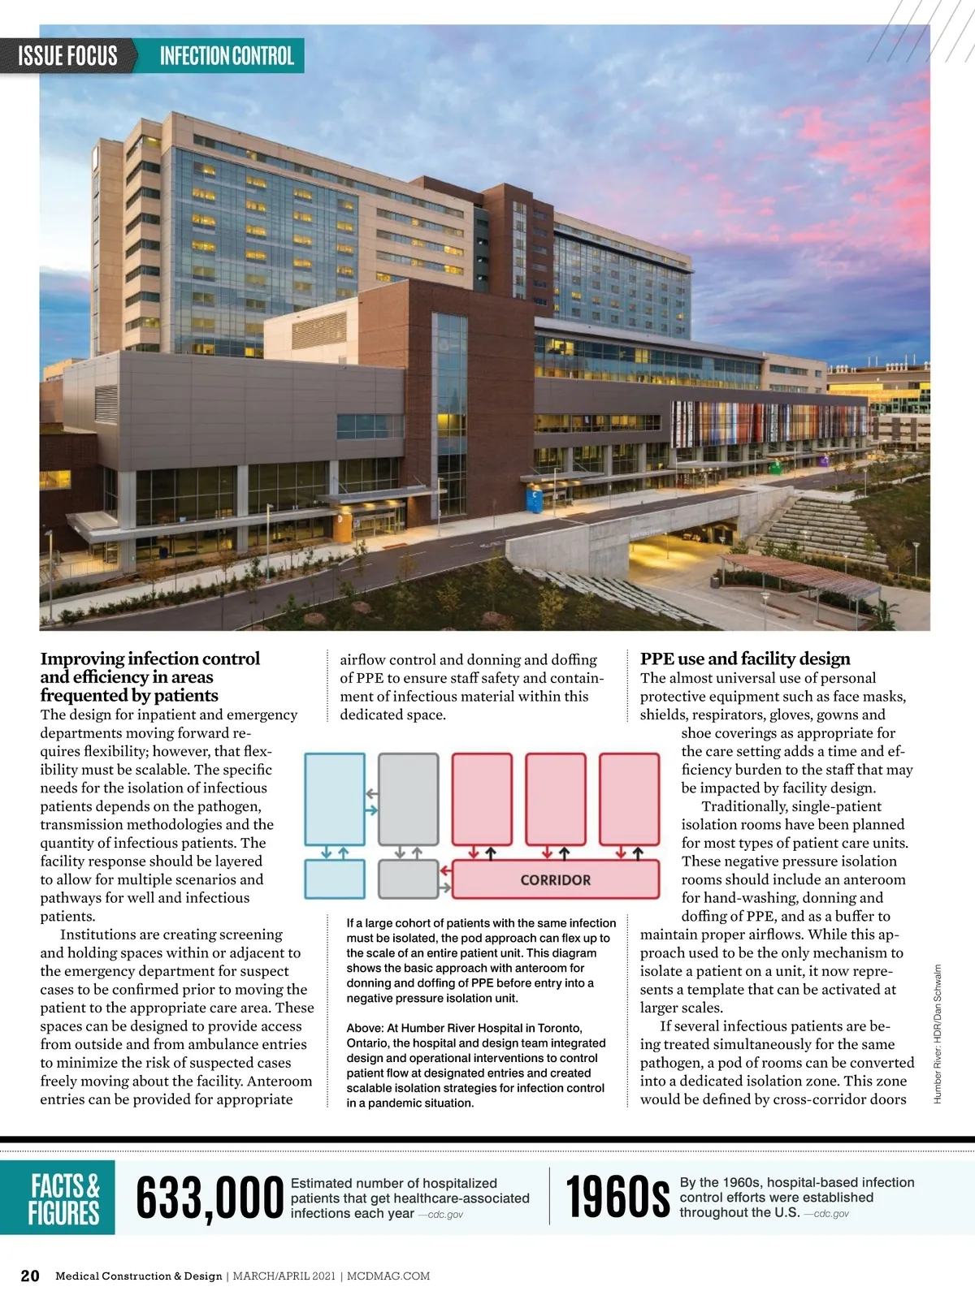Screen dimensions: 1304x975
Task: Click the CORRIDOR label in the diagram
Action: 556,879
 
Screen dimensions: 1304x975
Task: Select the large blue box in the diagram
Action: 335,799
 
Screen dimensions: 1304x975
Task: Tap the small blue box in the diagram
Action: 335,879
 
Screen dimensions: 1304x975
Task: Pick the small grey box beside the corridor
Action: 408,879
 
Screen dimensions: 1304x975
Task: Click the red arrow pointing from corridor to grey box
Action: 445,870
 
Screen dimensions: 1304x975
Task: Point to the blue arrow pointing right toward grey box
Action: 370,810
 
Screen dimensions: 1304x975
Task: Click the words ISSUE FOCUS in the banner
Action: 68,56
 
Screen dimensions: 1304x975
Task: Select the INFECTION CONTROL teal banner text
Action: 227,56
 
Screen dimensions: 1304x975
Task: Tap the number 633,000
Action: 210,1198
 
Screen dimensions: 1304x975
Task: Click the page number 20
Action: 30,1276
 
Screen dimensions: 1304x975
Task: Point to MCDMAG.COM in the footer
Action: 388,1276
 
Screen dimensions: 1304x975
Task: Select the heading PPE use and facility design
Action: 745,658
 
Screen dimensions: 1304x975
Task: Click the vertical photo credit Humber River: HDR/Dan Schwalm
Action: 938,1034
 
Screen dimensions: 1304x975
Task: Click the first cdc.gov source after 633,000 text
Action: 444,1215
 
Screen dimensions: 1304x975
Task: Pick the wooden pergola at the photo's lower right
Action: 800,572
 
